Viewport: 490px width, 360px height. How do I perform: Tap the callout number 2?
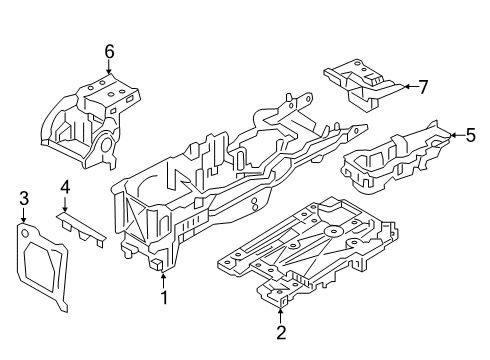tap(281, 332)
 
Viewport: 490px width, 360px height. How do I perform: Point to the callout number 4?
tap(64, 186)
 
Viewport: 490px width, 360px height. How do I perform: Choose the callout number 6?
tap(109, 51)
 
